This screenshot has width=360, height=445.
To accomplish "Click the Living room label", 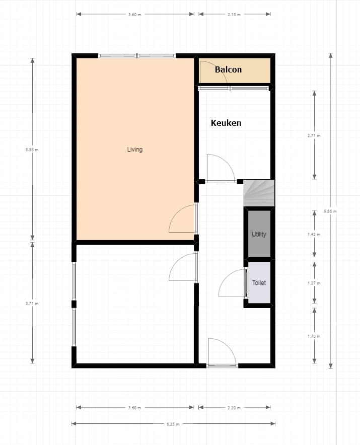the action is click(x=135, y=150).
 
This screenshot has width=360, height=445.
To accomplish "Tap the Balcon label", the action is click(x=228, y=69).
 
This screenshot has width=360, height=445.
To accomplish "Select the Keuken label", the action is click(x=226, y=123).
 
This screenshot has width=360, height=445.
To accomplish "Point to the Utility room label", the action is click(x=259, y=234).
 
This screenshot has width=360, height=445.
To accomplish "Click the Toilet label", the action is click(x=259, y=283).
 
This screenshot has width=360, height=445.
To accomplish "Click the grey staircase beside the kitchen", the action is click(x=259, y=193).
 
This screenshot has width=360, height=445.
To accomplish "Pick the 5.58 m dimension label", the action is click(x=32, y=150).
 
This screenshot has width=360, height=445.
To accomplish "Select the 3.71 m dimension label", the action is click(x=32, y=304).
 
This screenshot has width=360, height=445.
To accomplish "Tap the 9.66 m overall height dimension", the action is click(x=330, y=211).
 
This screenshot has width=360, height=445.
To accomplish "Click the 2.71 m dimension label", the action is click(x=314, y=135).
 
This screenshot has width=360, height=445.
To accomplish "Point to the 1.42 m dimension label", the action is click(x=314, y=235).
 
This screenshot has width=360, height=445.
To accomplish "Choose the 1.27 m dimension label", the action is click(x=314, y=283).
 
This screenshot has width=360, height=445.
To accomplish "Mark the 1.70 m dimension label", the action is click(x=314, y=336).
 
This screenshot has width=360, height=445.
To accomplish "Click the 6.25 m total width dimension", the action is click(x=173, y=424).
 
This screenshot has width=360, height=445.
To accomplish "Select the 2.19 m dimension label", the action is click(x=234, y=15).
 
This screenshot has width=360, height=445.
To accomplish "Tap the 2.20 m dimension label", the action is click(x=234, y=408).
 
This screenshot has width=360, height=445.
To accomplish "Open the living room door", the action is click(x=176, y=213).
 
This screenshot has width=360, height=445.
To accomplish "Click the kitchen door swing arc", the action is click(x=227, y=162).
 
